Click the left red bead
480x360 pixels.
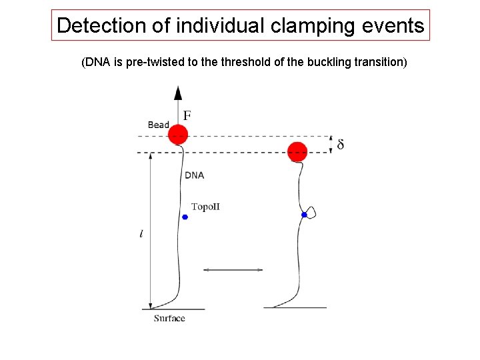pyautogui.click(x=177, y=135)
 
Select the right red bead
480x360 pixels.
pyautogui.click(x=297, y=152)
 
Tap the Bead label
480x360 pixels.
pyautogui.click(x=158, y=125)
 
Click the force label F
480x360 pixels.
pyautogui.click(x=187, y=116)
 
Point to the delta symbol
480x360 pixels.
pyautogui.click(x=341, y=144)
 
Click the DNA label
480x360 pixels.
pyautogui.click(x=194, y=175)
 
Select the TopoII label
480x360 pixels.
pyautogui.click(x=205, y=207)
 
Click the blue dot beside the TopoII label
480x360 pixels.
pyautogui.click(x=185, y=217)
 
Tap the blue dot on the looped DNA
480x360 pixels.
pyautogui.click(x=304, y=215)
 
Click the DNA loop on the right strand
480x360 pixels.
pyautogui.click(x=311, y=212)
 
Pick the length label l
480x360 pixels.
pyautogui.click(x=141, y=234)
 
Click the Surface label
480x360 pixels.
pyautogui.click(x=169, y=318)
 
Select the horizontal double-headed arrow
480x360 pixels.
pyautogui.click(x=233, y=269)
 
